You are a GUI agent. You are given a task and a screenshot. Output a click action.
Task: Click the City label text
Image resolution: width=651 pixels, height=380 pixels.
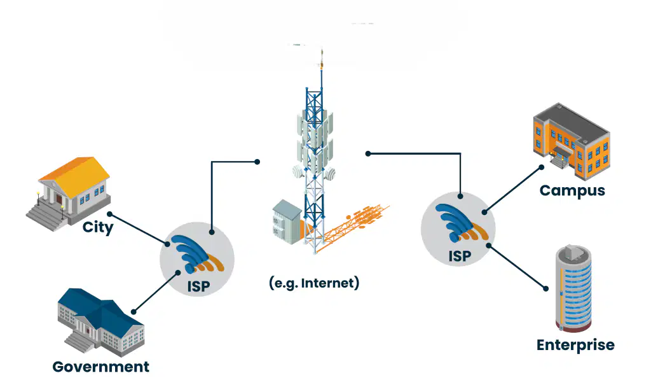pos(97,227)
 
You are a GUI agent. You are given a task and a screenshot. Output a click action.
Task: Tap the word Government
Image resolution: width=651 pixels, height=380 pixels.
pos(101,367)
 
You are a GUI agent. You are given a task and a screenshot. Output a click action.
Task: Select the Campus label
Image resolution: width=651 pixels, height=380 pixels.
pos(572,191)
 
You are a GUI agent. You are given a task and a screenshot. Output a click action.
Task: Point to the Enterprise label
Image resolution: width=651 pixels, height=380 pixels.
pos(575,345)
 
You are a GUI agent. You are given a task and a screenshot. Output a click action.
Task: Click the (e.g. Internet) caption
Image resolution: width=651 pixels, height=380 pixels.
pos(314,283)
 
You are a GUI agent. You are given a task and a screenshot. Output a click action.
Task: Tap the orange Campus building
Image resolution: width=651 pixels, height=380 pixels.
pos(572,142)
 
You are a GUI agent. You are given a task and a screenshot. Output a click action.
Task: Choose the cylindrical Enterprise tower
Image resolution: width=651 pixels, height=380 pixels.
pos(573,288)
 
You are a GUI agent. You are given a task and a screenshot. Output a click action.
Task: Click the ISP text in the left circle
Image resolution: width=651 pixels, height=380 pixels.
pos(198,286)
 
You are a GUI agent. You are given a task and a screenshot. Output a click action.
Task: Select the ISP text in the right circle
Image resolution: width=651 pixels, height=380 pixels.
pos(460,257)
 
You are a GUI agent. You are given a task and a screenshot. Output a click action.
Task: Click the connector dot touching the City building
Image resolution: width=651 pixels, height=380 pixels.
pos(109,214)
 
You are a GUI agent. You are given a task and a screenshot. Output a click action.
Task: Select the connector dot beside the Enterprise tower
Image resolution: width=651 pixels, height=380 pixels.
pos(546,288)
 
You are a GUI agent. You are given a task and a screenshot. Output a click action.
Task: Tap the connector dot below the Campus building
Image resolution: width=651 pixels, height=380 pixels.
pos(542,167)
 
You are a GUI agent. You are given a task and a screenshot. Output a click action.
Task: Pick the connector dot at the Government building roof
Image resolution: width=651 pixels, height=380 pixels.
pos(134,312)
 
